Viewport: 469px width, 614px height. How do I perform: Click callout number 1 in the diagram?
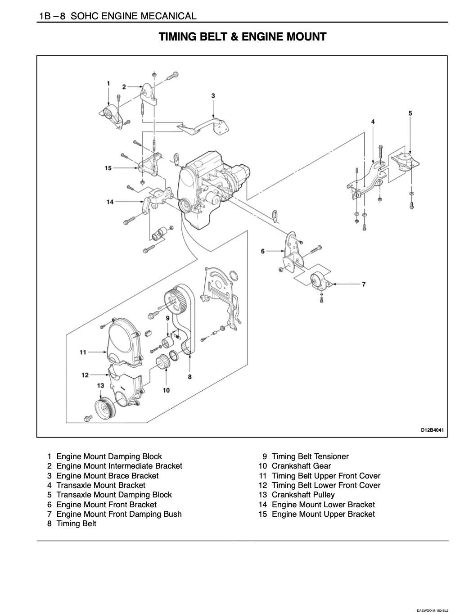[108, 83]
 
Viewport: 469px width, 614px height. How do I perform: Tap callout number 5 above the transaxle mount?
[410, 113]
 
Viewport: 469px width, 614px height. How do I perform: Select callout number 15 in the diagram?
[108, 168]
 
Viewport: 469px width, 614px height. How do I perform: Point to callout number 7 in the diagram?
[364, 284]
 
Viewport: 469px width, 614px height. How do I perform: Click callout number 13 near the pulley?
[100, 386]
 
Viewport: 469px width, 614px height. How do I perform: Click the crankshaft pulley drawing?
[105, 408]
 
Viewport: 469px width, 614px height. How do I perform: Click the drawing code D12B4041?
[432, 430]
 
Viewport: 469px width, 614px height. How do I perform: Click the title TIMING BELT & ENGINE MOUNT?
[242, 37]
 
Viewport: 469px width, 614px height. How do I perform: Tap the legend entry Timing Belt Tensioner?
[310, 456]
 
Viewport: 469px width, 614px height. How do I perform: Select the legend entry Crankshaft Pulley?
[303, 495]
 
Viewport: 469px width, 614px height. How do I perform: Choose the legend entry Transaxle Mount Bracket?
[101, 485]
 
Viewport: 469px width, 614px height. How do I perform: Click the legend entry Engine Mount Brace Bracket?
[107, 476]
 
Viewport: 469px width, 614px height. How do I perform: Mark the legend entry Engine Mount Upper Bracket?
[323, 514]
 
